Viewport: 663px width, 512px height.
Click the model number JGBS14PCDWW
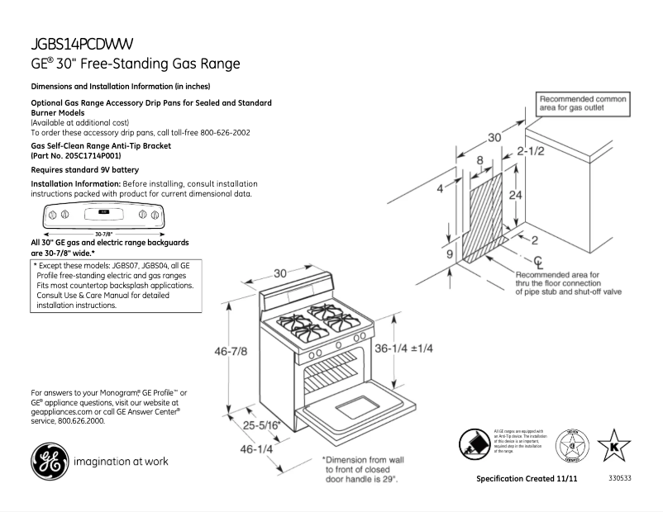tap(83, 44)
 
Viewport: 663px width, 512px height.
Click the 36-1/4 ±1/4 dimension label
tap(404, 348)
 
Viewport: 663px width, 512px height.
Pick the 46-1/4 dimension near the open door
tap(256, 449)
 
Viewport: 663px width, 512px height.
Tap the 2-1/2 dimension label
tap(532, 151)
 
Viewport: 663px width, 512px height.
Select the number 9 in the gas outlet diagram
tap(451, 255)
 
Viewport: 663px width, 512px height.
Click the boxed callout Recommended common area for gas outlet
tap(582, 103)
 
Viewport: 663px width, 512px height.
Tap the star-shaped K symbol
tap(613, 447)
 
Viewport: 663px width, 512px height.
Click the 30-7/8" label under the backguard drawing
tap(104, 235)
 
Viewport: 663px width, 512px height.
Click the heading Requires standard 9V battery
tap(85, 169)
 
